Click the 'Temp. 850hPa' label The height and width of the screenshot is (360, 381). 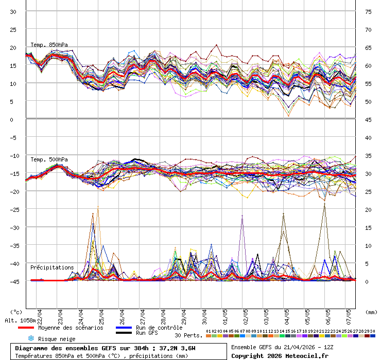(49, 45)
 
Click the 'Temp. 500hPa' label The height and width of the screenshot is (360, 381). (49, 159)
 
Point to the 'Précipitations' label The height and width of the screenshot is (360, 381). (52, 268)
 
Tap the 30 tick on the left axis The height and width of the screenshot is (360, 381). (13, 12)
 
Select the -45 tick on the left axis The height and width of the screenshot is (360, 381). (13, 282)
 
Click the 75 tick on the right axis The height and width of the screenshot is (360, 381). (369, 12)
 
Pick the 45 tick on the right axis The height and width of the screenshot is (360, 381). (369, 120)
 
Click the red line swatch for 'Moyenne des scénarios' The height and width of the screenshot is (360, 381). (26, 328)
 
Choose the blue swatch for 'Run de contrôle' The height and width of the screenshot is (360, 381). (124, 328)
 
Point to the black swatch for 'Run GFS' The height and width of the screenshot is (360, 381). (124, 333)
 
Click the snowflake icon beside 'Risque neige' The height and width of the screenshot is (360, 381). (31, 338)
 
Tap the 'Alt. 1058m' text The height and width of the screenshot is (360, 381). (21, 320)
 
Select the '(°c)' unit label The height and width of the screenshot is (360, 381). (16, 312)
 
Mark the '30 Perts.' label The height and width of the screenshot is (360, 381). (188, 335)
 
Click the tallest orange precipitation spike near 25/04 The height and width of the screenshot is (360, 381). (98, 207)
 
